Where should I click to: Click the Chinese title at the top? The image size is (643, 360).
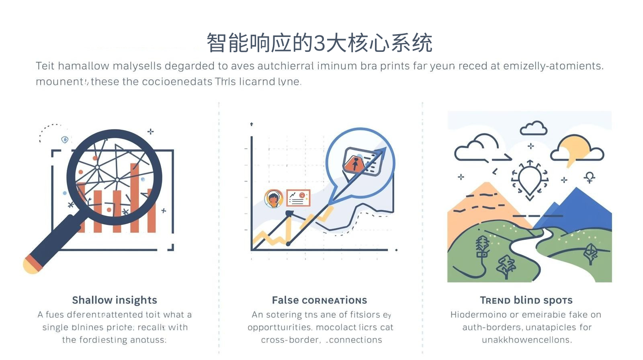(x=319, y=43)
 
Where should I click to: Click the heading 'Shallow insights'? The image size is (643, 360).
(x=115, y=300)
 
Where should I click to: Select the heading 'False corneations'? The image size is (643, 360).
(x=319, y=300)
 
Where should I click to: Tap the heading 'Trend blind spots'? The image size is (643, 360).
(x=526, y=300)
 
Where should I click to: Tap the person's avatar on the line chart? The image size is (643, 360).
(x=273, y=198)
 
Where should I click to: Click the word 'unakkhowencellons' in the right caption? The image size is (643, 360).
(x=526, y=340)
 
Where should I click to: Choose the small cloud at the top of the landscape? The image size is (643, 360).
(x=533, y=128)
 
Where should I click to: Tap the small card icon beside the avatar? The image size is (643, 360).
(x=298, y=198)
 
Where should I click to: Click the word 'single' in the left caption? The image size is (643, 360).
(x=55, y=327)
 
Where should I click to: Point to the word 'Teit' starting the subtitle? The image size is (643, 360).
(x=45, y=66)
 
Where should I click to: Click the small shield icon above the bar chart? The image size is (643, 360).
(x=65, y=139)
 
